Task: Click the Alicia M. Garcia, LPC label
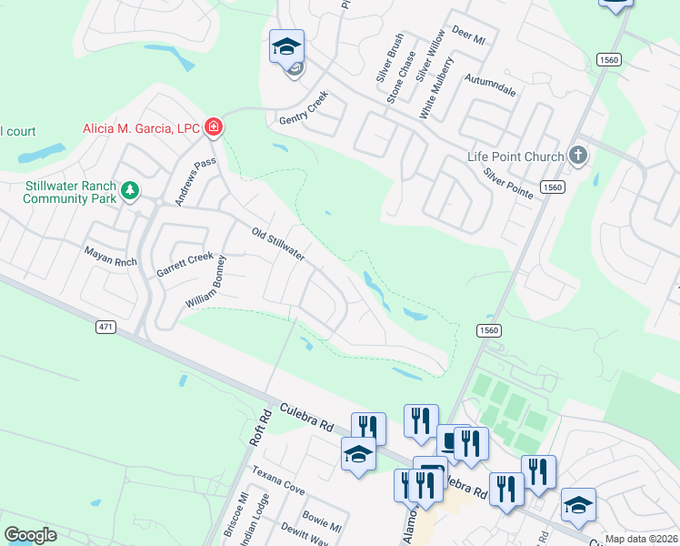(141, 128)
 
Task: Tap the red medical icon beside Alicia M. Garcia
(213, 127)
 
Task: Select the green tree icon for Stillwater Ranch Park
(131, 190)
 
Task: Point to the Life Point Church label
(515, 157)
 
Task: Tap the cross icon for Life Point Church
(577, 156)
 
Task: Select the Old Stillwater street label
(277, 244)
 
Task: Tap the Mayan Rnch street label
(109, 258)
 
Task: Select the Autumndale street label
(490, 86)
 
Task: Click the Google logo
(30, 534)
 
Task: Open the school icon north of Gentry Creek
(286, 46)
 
